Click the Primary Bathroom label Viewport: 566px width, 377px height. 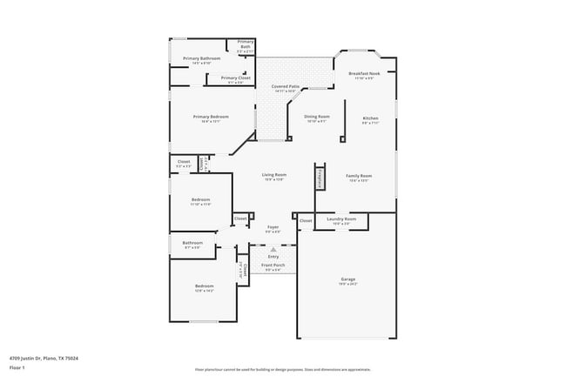[201, 59]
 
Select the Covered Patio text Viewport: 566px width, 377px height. [286, 87]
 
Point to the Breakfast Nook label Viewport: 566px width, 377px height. [364, 74]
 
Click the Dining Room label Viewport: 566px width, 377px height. [317, 117]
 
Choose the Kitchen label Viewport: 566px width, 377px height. [370, 118]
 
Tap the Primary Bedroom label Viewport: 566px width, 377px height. [211, 118]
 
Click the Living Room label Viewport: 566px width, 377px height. [274, 175]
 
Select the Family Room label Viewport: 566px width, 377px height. [359, 176]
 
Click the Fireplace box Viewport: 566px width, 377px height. [320, 177]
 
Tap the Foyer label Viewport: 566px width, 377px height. [273, 227]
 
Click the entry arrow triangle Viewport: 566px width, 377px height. [273, 250]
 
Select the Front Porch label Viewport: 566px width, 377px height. [273, 266]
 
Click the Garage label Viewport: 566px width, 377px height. [347, 279]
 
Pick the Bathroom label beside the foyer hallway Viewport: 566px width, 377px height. [192, 243]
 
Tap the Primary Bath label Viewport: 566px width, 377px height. [246, 44]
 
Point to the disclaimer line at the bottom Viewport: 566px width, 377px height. [282, 369]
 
